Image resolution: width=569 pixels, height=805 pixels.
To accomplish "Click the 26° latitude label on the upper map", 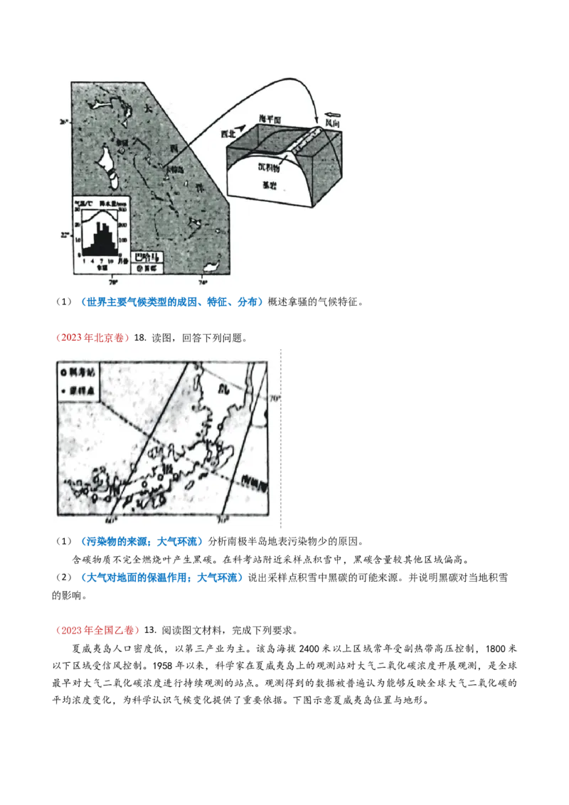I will (x=64, y=122).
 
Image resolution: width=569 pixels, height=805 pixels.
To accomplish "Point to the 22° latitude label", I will (x=64, y=235).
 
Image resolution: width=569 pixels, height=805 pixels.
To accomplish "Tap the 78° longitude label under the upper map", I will (x=112, y=282).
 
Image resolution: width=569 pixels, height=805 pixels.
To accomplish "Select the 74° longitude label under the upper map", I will (x=202, y=282).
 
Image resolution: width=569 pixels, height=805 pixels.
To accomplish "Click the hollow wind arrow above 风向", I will (x=334, y=113).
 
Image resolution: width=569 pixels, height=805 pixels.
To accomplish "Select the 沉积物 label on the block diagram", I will (x=270, y=169).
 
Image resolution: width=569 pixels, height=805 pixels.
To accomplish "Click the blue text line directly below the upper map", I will (x=173, y=302).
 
